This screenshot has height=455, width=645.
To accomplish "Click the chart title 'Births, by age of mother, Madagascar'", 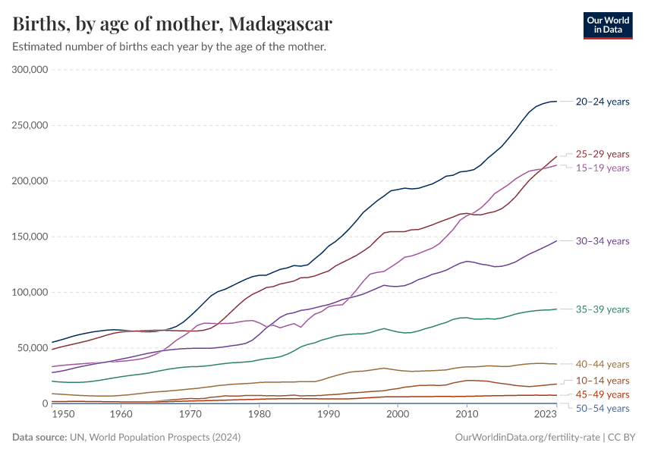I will [x=172, y=24].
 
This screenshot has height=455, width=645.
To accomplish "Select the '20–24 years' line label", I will [x=603, y=101].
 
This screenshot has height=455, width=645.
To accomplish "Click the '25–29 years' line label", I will [x=603, y=154].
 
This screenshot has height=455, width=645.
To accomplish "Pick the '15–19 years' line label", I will [x=603, y=168].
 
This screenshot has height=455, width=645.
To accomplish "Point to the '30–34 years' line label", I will [x=603, y=241].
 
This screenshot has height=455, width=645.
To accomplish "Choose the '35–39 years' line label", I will [x=603, y=309].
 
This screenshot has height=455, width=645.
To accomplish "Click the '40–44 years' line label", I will [x=603, y=364].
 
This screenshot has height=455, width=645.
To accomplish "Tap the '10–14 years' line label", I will [x=603, y=381].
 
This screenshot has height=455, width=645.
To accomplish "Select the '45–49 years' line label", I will [x=603, y=394].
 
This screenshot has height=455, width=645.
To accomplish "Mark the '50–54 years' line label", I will [x=603, y=408].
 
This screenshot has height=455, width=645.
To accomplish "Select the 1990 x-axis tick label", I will [x=328, y=415].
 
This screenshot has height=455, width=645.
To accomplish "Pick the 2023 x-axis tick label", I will [x=546, y=415].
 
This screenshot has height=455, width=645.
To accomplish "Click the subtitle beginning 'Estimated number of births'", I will [x=169, y=47].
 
